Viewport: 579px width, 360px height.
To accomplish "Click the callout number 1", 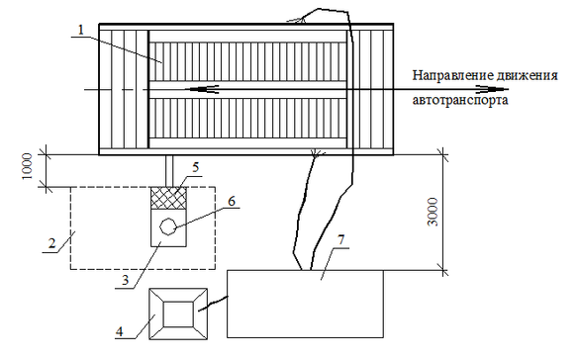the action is click(x=81, y=31).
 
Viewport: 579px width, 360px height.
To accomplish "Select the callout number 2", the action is click(x=52, y=243).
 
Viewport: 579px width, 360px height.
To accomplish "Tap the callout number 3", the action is click(x=125, y=280).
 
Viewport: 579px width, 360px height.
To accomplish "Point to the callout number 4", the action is click(x=120, y=331).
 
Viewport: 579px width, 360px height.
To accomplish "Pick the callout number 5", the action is click(x=195, y=167).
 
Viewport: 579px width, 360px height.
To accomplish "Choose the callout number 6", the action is click(x=232, y=202).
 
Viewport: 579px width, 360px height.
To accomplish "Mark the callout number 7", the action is click(x=340, y=239).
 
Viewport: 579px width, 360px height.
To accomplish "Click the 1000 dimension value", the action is click(x=28, y=166).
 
